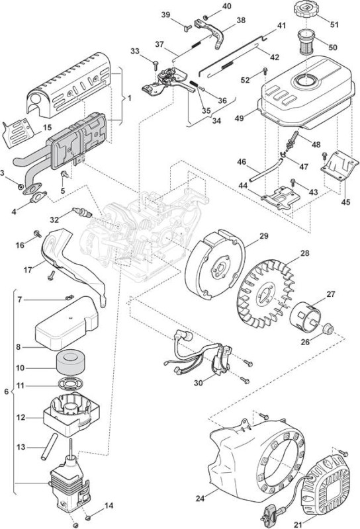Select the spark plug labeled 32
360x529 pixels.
(x=82, y=213)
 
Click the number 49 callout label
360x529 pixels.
(x=240, y=118)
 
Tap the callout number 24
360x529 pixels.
(x=201, y=498)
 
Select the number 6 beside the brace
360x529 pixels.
(x=6, y=391)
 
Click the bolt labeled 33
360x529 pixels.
(x=156, y=64)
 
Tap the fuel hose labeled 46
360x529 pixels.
(x=266, y=170)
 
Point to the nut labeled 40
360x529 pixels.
(x=205, y=17)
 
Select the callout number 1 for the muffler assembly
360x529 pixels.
(x=129, y=98)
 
